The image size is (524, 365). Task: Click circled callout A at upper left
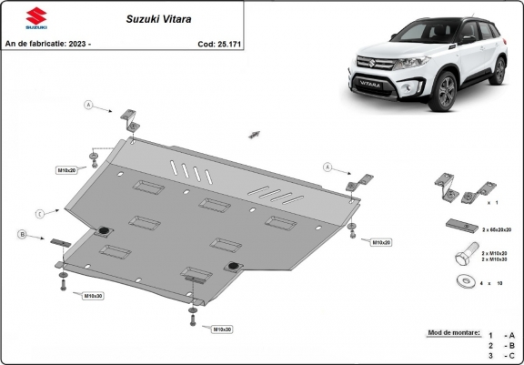click(x=89, y=106)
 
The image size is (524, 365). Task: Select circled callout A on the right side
click(x=326, y=167)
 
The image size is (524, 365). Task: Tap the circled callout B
click(x=21, y=235)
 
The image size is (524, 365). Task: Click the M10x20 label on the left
click(x=68, y=170)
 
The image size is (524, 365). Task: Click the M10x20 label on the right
click(x=380, y=242)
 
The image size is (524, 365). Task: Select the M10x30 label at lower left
click(x=93, y=296)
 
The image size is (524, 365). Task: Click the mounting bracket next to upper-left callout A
click(x=129, y=119)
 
